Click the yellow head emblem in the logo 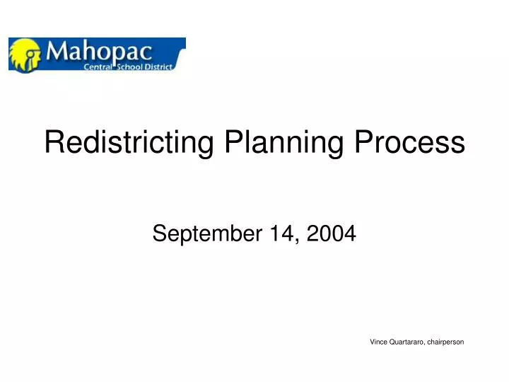(x=25, y=54)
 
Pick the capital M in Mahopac (x=57, y=50)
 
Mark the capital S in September (x=159, y=232)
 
